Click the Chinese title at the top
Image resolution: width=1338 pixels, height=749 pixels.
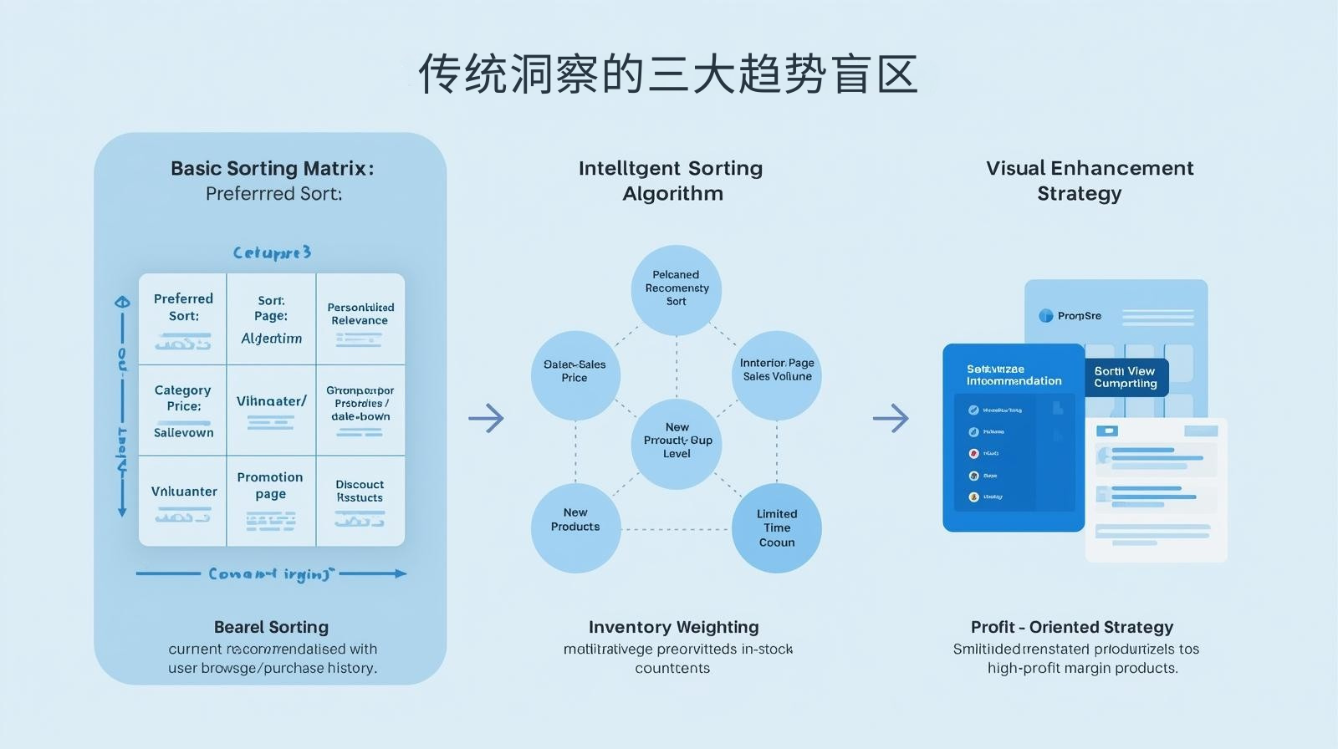click(668, 74)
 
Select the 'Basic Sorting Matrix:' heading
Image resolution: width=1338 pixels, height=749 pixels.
click(272, 168)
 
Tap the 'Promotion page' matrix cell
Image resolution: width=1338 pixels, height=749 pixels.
click(270, 499)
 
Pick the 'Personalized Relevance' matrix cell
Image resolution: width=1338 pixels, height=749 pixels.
click(360, 318)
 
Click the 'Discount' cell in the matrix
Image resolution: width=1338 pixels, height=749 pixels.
click(360, 499)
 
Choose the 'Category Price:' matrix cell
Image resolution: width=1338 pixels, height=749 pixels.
click(183, 410)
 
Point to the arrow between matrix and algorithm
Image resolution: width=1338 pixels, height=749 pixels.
click(486, 417)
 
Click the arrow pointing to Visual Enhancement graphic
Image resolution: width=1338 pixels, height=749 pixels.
click(891, 417)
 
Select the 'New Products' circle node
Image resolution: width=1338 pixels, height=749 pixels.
click(575, 527)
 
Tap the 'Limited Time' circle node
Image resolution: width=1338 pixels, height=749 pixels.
click(777, 527)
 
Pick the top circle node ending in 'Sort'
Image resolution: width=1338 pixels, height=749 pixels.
click(677, 289)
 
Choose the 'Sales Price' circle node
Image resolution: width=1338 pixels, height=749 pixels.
click(575, 375)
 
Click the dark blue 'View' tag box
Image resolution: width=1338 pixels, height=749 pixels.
click(1126, 377)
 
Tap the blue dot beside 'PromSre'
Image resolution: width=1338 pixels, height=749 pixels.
click(1045, 316)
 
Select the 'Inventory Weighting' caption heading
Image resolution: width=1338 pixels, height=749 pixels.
click(673, 627)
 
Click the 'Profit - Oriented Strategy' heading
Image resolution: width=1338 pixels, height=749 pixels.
click(1071, 627)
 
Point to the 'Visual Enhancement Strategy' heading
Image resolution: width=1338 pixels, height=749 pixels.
click(1089, 181)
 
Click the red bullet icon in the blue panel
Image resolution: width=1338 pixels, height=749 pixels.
click(973, 454)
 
